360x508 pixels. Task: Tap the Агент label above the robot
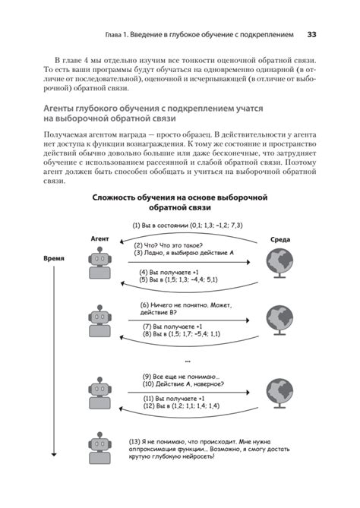[x=99, y=238]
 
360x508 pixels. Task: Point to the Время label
[x=52, y=259]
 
